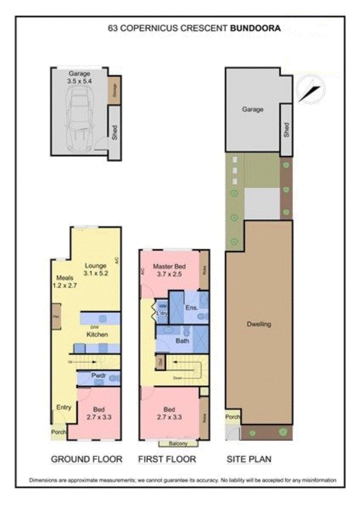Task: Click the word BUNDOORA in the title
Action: (255, 28)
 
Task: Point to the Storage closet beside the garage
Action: (114, 91)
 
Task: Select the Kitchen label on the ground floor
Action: (97, 334)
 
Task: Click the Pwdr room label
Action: (99, 374)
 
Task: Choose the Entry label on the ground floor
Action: (63, 407)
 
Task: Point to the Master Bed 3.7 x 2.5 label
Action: (169, 270)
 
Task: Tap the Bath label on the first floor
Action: (182, 341)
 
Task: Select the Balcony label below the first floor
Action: (178, 443)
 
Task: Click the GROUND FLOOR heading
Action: (86, 459)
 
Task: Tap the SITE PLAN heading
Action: (249, 459)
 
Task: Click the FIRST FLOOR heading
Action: (167, 459)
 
